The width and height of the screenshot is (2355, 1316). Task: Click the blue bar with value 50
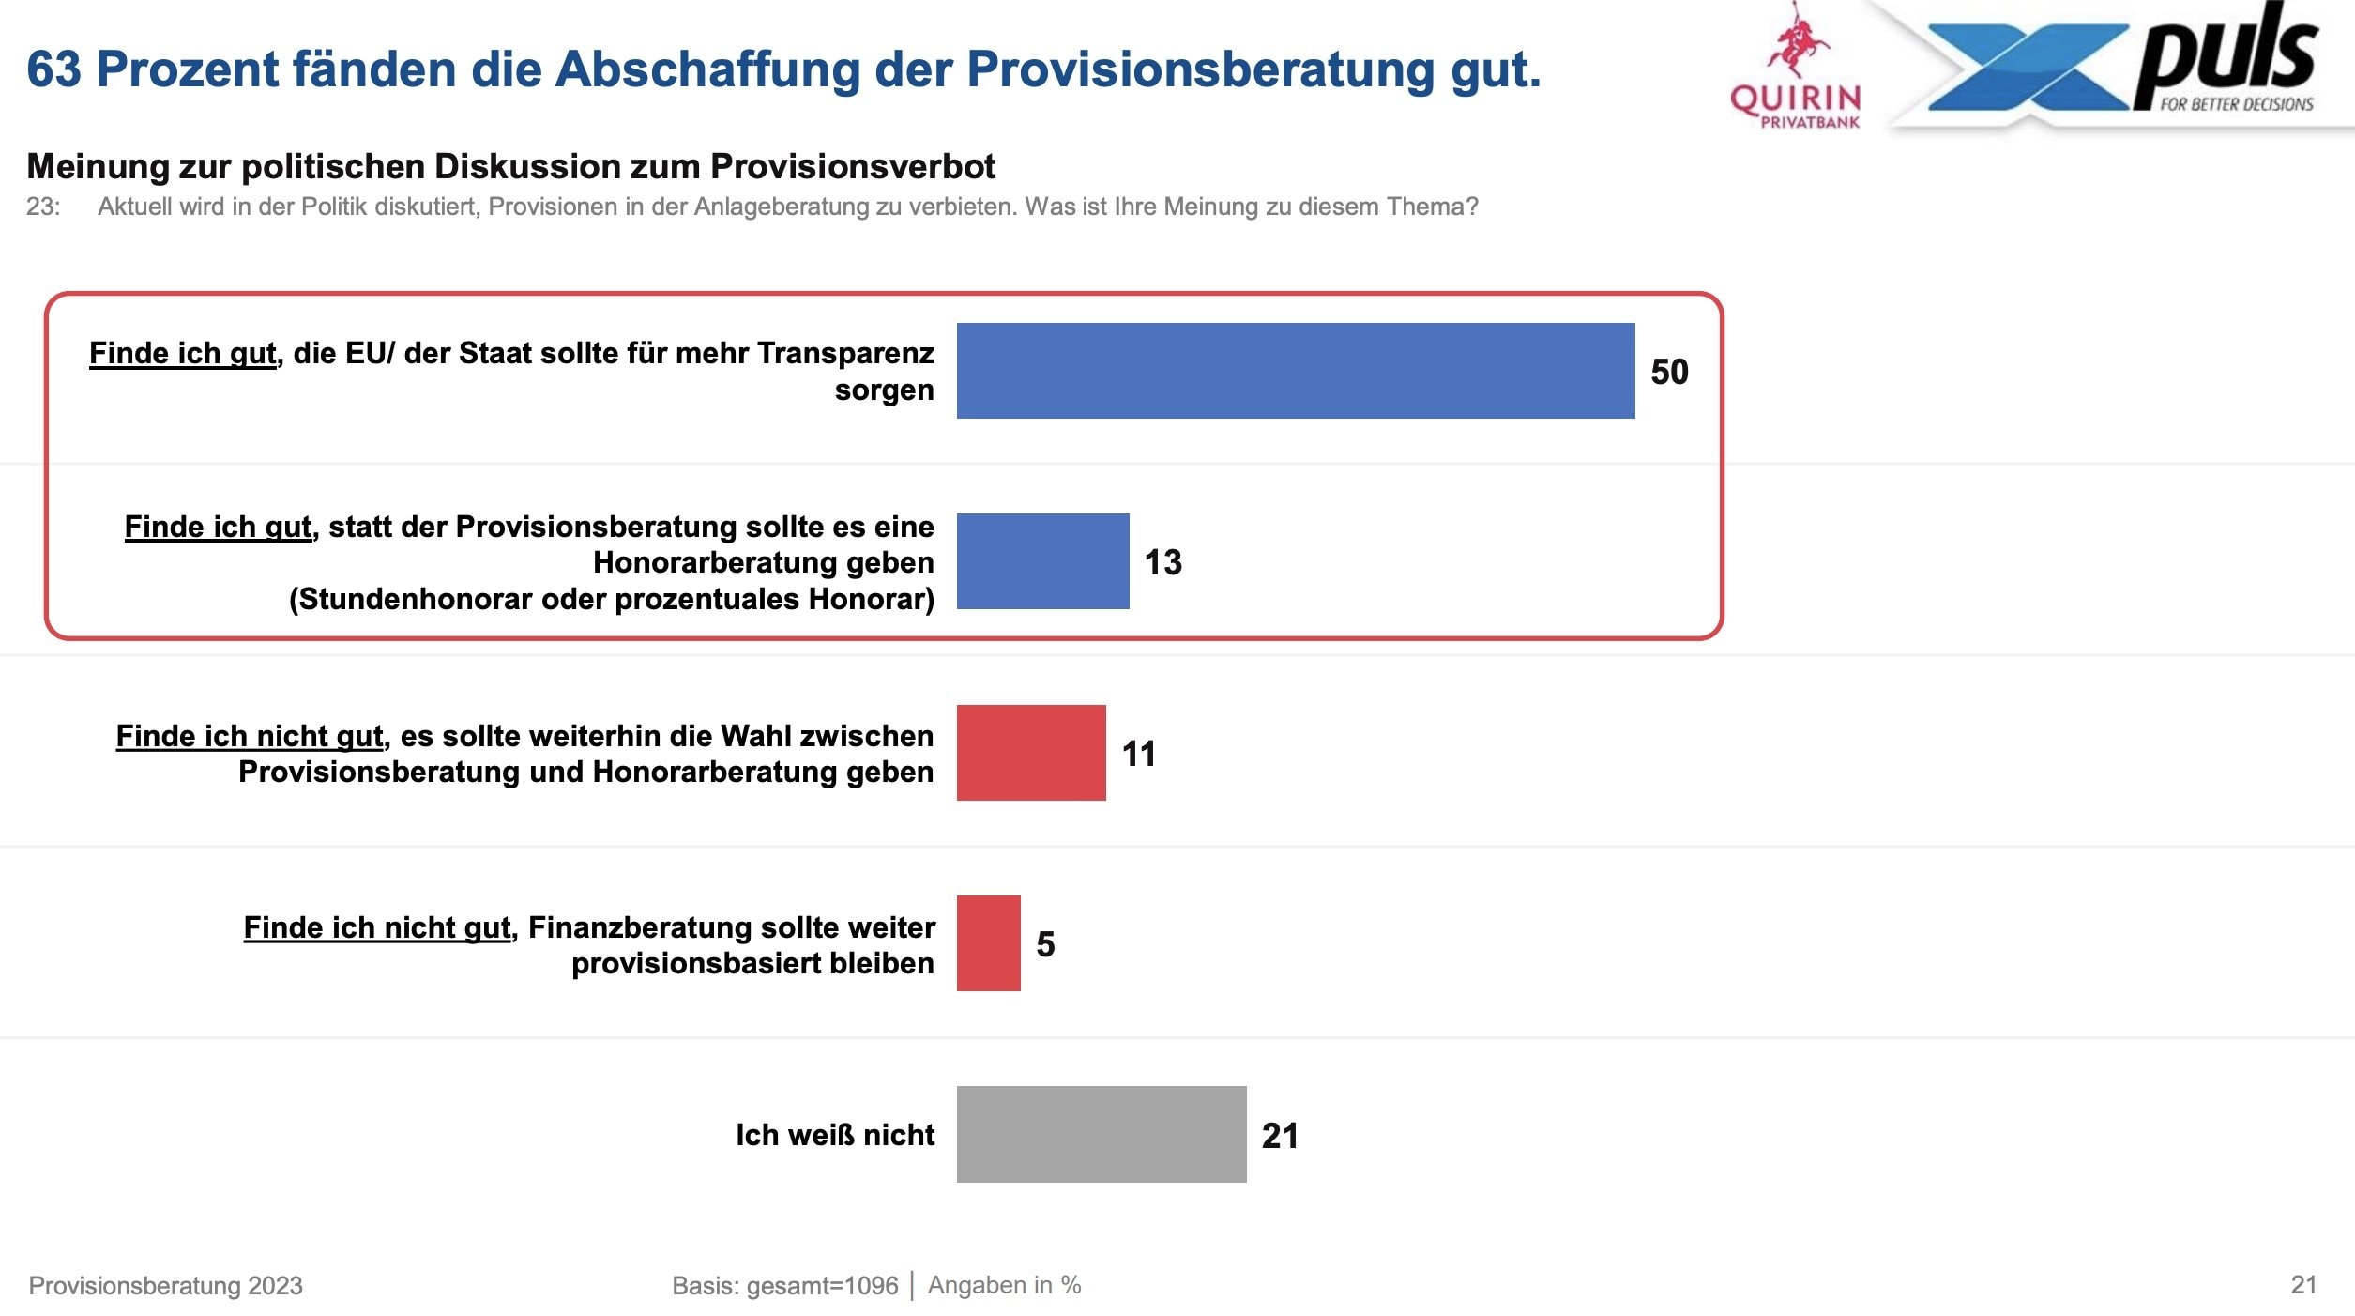[1295, 371]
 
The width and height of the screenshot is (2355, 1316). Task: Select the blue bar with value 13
[1042, 561]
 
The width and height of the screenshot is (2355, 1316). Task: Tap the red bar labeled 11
[1030, 753]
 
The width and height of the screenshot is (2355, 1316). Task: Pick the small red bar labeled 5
[988, 943]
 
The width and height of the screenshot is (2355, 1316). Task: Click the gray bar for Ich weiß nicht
[1101, 1134]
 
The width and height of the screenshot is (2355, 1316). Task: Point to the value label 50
[1669, 372]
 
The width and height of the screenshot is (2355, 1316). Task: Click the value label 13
[1162, 562]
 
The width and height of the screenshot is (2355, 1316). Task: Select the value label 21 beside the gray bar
[1280, 1136]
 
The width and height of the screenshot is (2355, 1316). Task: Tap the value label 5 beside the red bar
[1045, 944]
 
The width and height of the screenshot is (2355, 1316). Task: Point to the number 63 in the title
[53, 69]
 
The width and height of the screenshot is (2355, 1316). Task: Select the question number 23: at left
[43, 207]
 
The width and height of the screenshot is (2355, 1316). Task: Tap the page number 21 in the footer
[2303, 1285]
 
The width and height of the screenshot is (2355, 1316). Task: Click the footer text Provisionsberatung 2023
[165, 1286]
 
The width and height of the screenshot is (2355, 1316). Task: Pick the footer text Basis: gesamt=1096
[784, 1286]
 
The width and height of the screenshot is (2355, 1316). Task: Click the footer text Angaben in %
[1004, 1285]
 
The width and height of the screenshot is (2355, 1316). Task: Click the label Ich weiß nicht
[835, 1135]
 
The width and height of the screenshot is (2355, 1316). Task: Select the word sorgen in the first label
[884, 390]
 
